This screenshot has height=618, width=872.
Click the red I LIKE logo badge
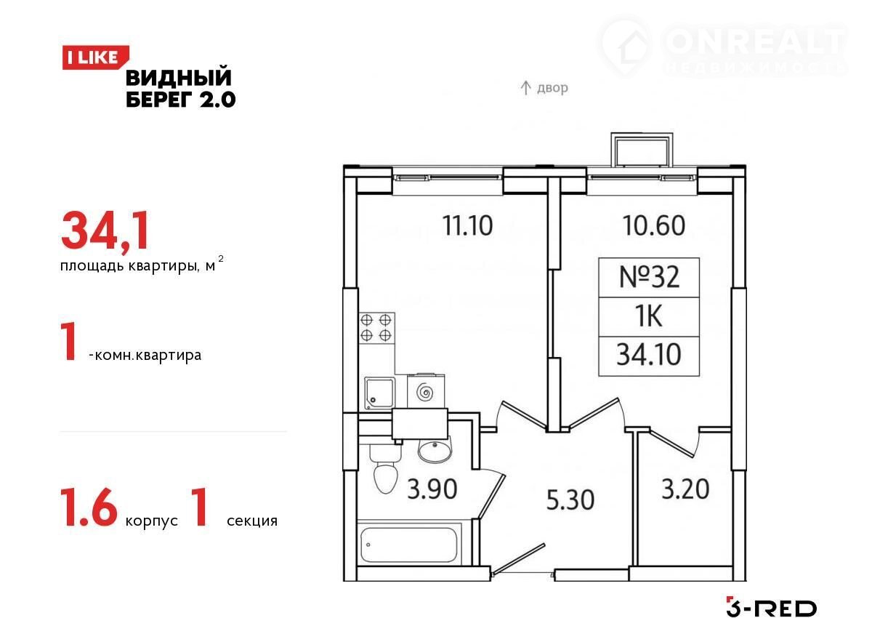(96, 57)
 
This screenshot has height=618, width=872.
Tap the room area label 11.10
(467, 226)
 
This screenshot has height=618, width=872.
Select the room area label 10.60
(653, 226)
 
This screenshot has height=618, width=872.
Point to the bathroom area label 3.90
(432, 489)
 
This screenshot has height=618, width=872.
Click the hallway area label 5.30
(570, 500)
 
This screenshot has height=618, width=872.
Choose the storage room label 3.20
(685, 489)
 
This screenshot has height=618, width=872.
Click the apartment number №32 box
(649, 278)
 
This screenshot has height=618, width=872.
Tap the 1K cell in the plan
(649, 317)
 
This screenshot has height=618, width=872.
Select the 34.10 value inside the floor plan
(649, 354)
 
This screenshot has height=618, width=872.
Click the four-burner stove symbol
(376, 327)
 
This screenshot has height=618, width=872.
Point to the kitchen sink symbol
(379, 393)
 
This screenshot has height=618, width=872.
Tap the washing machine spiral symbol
(425, 392)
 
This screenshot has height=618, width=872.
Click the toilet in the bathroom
(385, 469)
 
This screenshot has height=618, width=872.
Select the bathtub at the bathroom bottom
(409, 545)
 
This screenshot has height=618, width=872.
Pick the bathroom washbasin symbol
(435, 449)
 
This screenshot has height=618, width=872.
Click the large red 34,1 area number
(105, 230)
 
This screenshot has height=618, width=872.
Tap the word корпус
(151, 521)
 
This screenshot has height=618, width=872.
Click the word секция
(252, 521)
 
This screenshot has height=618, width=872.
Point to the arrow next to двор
(525, 88)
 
